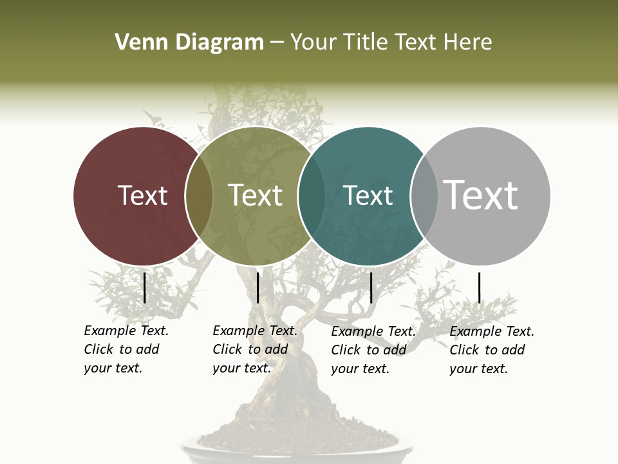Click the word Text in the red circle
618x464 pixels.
[142, 195]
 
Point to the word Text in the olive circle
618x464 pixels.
[255, 195]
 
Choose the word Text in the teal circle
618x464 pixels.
[368, 195]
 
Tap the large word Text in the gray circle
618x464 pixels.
[481, 195]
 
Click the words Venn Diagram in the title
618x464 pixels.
[189, 43]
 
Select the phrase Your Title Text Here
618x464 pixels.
[391, 43]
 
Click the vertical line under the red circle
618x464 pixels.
[144, 287]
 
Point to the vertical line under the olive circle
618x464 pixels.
[257, 287]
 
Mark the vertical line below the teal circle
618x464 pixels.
[371, 287]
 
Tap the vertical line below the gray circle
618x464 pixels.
[479, 287]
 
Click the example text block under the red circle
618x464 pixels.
[126, 349]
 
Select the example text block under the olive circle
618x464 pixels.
[254, 349]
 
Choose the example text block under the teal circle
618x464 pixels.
[373, 350]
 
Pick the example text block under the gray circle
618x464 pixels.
[491, 350]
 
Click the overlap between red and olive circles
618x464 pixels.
[199, 195]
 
